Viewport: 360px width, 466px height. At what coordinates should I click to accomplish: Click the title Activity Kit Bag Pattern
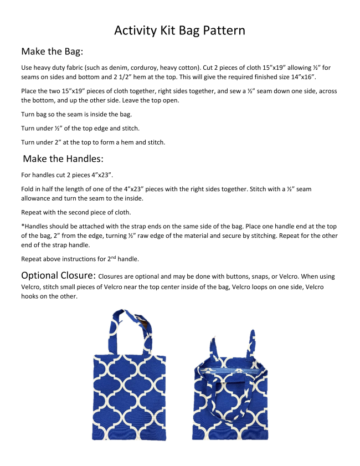click(x=179, y=30)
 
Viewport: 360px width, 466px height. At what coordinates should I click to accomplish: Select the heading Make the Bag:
click(x=52, y=52)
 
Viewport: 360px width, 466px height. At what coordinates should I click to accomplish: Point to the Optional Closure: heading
click(x=58, y=275)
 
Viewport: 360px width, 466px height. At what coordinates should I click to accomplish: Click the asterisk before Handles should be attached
click(x=22, y=227)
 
